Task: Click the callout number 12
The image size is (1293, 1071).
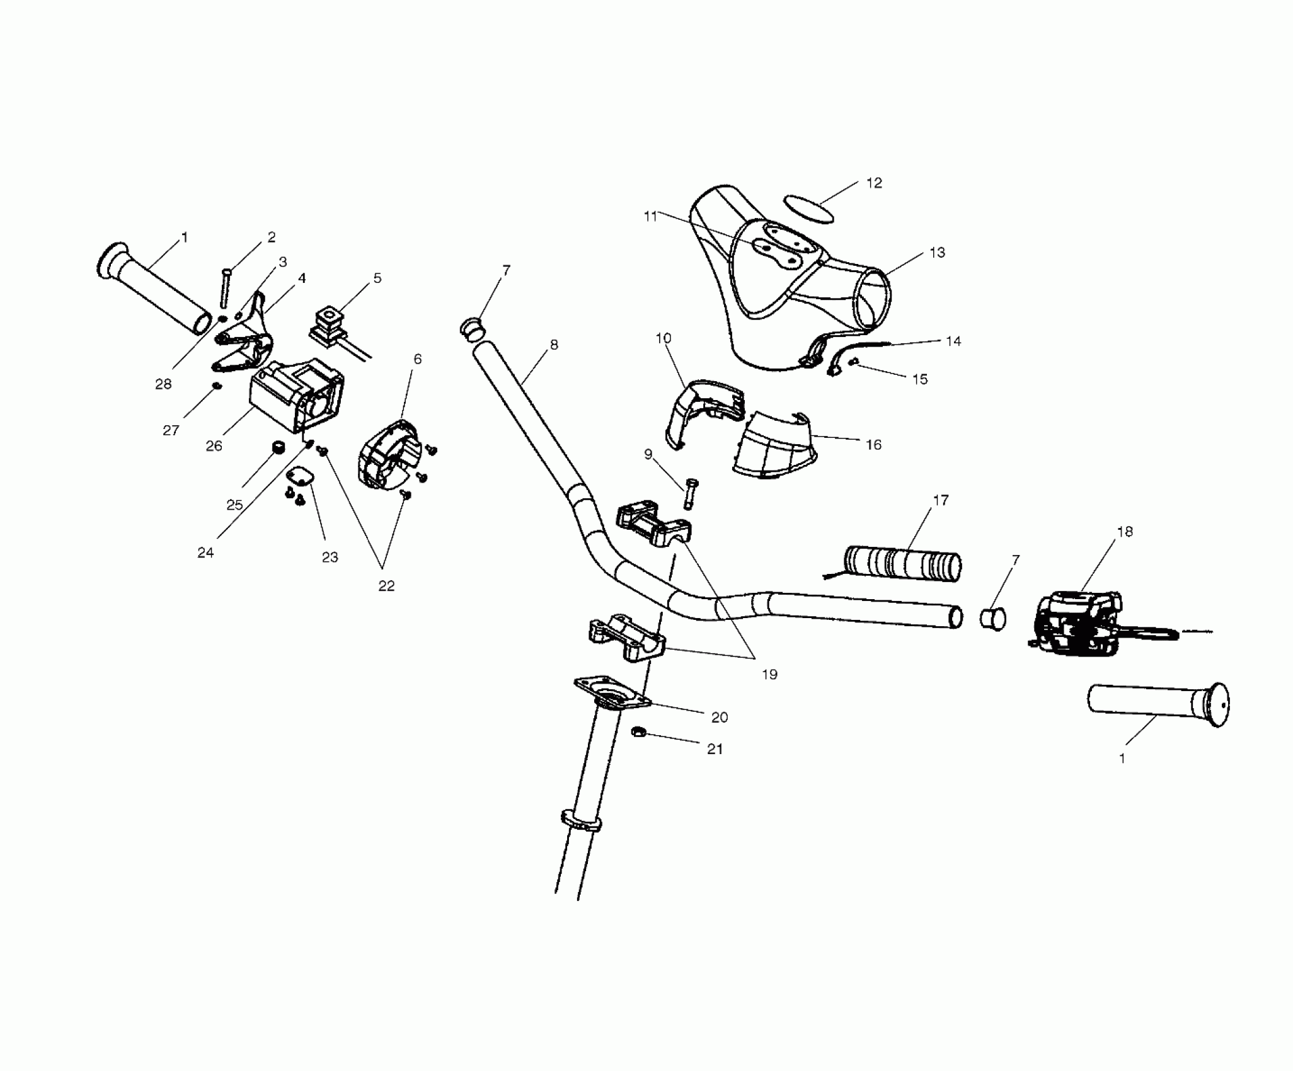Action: (874, 183)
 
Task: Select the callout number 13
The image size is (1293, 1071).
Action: (937, 253)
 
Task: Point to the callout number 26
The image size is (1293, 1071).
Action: (214, 446)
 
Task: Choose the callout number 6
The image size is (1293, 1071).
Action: (418, 359)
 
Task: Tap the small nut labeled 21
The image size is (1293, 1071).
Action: (638, 732)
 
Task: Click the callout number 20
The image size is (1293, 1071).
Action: (719, 717)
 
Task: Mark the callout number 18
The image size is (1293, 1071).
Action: (1124, 532)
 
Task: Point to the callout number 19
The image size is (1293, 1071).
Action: (769, 675)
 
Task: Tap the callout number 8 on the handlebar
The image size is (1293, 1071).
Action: (554, 345)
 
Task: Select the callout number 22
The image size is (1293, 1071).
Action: (386, 586)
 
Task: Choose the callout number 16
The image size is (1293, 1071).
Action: (873, 445)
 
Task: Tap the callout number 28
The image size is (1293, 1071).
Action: (163, 384)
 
